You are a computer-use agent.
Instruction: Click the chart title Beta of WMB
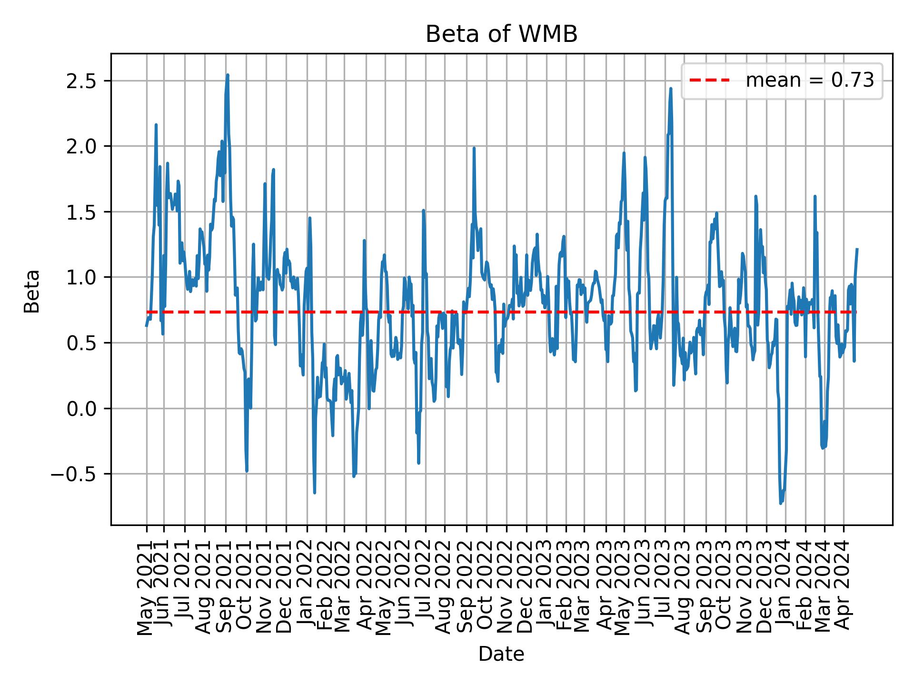point(501,35)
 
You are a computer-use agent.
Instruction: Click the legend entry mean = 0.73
point(809,81)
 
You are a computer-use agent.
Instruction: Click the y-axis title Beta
point(32,291)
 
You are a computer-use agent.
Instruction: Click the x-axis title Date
point(501,655)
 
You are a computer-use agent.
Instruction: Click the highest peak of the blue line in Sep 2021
point(228,75)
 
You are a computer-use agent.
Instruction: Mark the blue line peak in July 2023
point(671,89)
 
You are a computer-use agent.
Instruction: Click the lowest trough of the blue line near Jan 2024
point(781,503)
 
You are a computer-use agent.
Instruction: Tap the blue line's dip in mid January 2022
point(315,492)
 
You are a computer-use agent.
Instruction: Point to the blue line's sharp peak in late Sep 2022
point(474,148)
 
